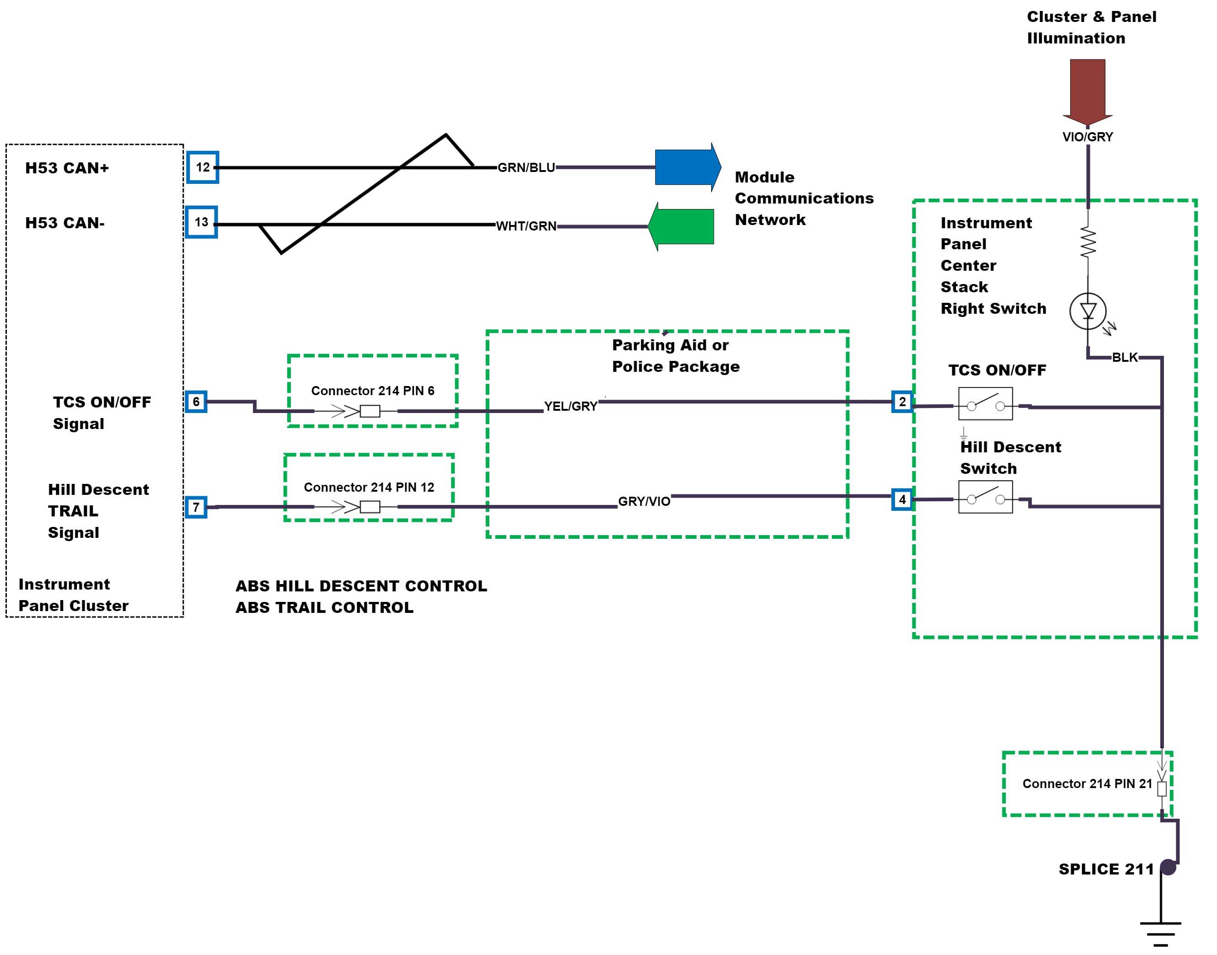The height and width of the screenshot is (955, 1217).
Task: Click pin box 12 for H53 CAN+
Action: (x=202, y=167)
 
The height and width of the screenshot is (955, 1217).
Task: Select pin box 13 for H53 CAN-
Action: (x=201, y=222)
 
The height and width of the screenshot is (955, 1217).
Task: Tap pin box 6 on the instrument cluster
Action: (x=196, y=402)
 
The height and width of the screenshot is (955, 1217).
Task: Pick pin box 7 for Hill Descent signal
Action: (x=196, y=507)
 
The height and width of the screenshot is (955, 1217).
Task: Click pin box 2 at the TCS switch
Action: (x=902, y=402)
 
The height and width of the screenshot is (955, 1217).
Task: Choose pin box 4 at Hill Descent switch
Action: (x=902, y=499)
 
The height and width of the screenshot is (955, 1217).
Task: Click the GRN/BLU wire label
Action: (x=526, y=168)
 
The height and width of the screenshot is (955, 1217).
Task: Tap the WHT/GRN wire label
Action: (x=526, y=226)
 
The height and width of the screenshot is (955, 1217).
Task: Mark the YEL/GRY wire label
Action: (x=571, y=407)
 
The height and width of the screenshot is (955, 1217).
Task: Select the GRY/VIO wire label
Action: (x=644, y=502)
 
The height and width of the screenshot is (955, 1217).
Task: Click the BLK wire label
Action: (x=1125, y=357)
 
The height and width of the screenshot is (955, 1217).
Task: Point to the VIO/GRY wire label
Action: (x=1087, y=137)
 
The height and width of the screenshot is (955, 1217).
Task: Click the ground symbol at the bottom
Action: (x=1161, y=932)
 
